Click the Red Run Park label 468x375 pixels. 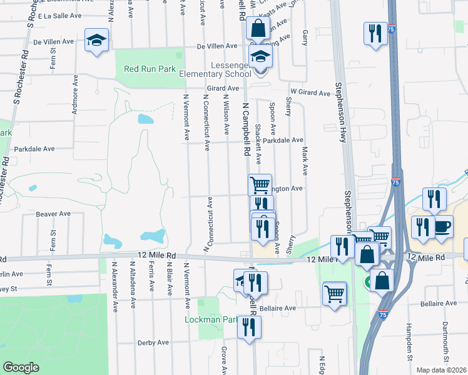click(x=150, y=69)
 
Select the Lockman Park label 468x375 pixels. click(x=213, y=319)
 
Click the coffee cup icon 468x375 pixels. click(x=442, y=226)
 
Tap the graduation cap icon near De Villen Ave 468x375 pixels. click(x=97, y=41)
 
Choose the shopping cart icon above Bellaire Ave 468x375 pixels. click(x=335, y=293)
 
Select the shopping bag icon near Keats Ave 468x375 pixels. click(x=258, y=28)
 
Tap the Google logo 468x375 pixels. click(x=21, y=367)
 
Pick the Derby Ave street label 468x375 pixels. click(x=154, y=342)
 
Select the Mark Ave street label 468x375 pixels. click(x=305, y=160)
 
